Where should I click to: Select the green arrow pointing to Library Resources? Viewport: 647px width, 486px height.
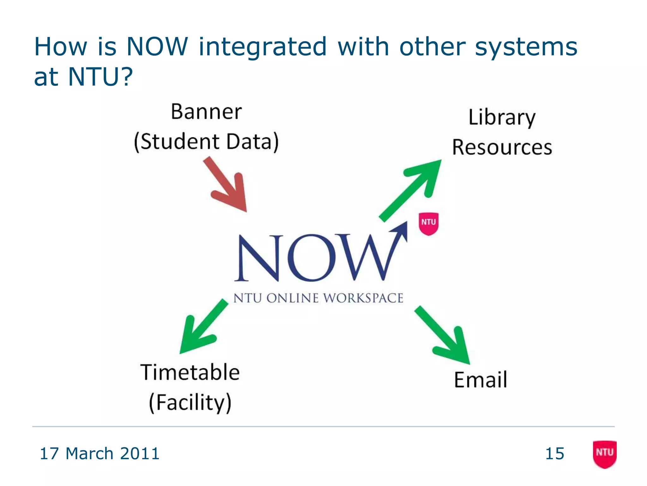(411, 190)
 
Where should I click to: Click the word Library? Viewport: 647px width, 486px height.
(502, 117)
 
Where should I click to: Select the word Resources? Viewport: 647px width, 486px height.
(502, 147)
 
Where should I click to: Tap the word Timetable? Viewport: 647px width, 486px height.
(190, 372)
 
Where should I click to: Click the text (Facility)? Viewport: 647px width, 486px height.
(190, 402)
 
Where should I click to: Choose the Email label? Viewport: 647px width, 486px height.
(480, 380)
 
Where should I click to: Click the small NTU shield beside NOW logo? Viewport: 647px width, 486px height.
(428, 223)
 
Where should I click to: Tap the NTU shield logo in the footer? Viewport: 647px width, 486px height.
(604, 454)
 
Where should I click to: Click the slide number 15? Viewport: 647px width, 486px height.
(555, 453)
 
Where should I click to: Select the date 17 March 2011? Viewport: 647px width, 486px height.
(100, 453)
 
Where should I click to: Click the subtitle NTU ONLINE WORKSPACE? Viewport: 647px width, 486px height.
(318, 298)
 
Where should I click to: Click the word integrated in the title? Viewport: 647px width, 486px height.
(263, 47)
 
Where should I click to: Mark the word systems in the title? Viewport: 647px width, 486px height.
(526, 47)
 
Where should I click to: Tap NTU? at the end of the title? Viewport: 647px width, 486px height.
(100, 77)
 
